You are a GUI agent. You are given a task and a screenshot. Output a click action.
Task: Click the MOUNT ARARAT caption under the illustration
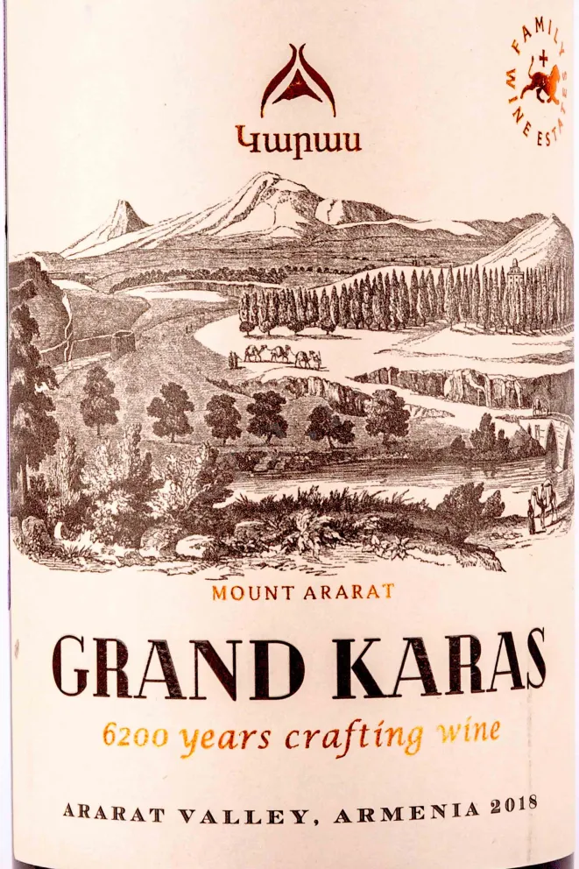302,591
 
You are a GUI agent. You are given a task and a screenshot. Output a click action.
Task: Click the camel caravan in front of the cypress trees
274,356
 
